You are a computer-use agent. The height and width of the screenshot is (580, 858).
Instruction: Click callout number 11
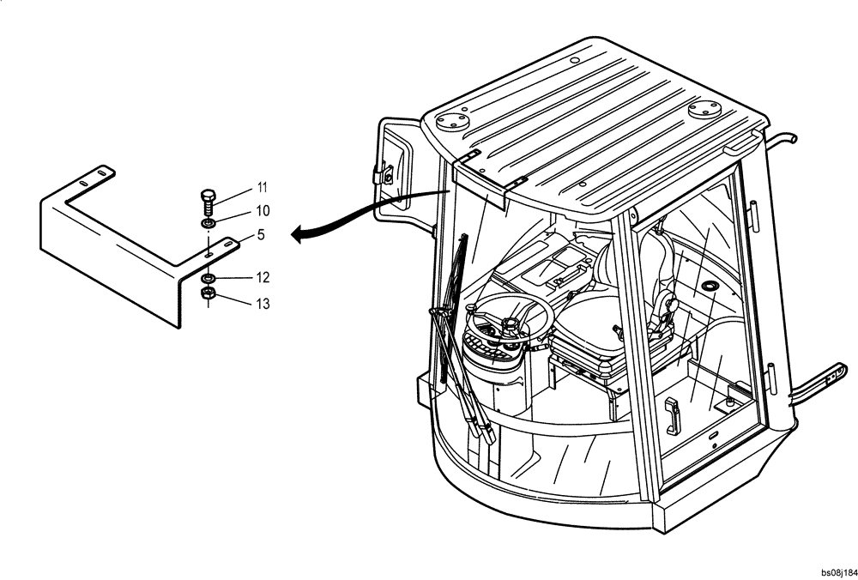[x=263, y=187]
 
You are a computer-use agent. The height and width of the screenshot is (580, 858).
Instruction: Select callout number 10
[x=263, y=211]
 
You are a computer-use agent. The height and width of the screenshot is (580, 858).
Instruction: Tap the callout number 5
[x=260, y=233]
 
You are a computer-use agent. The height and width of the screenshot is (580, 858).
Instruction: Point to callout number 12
[x=263, y=278]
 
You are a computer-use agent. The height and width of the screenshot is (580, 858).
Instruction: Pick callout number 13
[x=263, y=303]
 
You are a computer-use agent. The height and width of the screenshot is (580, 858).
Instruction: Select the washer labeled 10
[x=208, y=224]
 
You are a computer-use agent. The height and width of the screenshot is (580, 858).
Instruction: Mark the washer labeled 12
[x=208, y=280]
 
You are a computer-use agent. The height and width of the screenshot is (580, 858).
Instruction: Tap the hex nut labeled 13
[x=207, y=295]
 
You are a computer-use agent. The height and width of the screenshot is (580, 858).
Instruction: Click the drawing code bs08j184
[x=837, y=572]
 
